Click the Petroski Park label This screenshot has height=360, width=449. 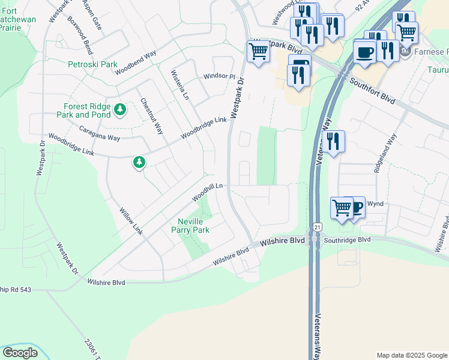[x=92, y=64]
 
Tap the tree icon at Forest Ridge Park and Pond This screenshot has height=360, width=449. [x=121, y=109]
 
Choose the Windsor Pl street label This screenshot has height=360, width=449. [x=219, y=76]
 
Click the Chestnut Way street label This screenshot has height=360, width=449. [x=151, y=116]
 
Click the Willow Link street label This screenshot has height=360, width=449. [x=131, y=221]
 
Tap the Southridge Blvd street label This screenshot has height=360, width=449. [x=348, y=239]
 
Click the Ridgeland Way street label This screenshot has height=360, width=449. [x=386, y=154]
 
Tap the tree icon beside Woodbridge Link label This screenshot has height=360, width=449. [x=139, y=162]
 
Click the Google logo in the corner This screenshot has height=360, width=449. [x=20, y=353]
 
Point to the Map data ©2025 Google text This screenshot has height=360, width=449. [x=411, y=355]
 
